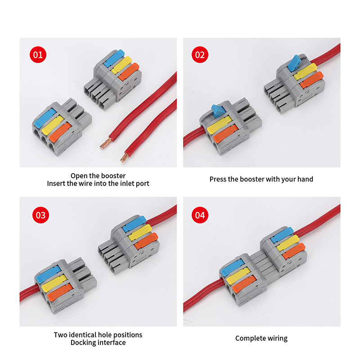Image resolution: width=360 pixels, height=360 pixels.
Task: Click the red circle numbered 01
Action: pyautogui.click(x=38, y=54)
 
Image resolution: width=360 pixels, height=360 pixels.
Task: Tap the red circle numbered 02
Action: pyautogui.click(x=200, y=54)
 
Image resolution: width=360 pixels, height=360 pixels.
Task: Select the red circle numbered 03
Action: pyautogui.click(x=40, y=215)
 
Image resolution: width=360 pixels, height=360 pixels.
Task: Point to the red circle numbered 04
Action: pyautogui.click(x=200, y=215)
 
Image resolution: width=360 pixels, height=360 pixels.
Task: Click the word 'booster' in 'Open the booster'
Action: pyautogui.click(x=113, y=176)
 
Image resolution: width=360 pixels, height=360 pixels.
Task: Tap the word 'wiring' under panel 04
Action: pyautogui.click(x=278, y=338)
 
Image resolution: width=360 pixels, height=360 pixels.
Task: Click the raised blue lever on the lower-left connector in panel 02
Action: pyautogui.click(x=217, y=110)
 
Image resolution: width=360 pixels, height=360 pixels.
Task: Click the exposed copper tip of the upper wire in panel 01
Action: pyautogui.click(x=106, y=144)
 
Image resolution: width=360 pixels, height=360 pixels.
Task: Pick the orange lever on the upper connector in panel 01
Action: pyautogui.click(x=129, y=72)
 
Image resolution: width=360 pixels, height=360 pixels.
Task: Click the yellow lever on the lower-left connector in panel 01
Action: pyautogui.click(x=53, y=125)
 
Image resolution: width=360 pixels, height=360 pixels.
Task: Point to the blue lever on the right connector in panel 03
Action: pyautogui.click(x=134, y=224)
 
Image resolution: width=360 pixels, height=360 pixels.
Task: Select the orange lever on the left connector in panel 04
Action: pyautogui.click(x=244, y=284)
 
